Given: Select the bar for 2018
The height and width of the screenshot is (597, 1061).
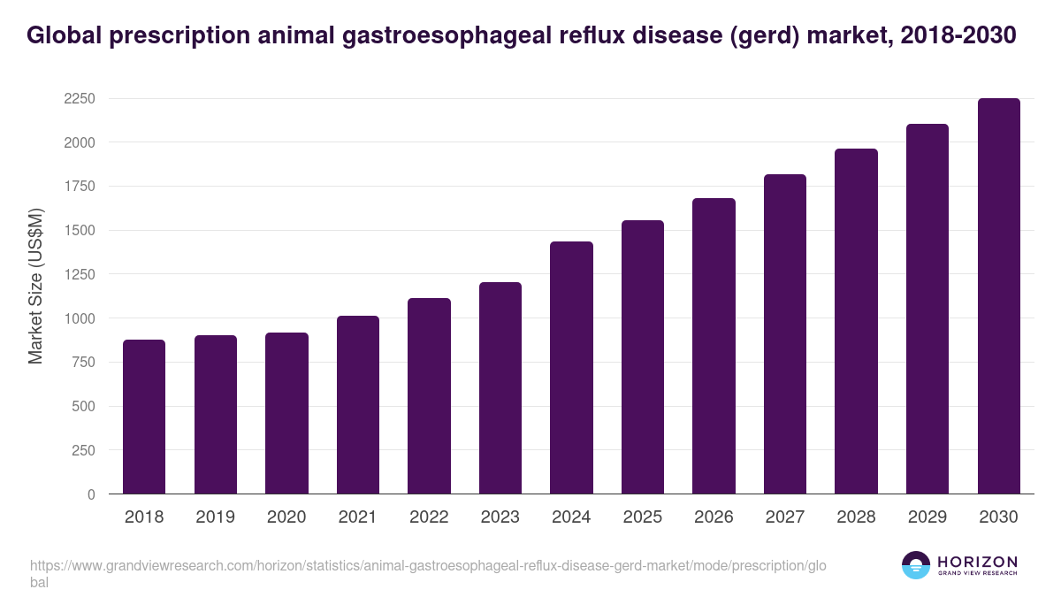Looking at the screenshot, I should (144, 417).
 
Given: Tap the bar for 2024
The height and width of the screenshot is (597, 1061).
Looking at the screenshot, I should (571, 368).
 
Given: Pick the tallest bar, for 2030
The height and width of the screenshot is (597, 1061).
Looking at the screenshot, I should (998, 296).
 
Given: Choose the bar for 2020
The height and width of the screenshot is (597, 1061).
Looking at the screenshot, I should (286, 413).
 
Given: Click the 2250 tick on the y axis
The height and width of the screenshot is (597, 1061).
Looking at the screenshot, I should (79, 98).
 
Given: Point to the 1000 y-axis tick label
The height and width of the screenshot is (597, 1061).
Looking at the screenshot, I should (79, 318).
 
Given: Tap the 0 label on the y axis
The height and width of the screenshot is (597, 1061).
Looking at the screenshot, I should (91, 494).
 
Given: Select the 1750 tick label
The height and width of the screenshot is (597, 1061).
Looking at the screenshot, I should (79, 187).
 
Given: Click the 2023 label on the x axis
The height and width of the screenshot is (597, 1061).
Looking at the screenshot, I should (500, 517).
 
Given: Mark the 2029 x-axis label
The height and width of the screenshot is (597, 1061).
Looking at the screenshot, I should (927, 517).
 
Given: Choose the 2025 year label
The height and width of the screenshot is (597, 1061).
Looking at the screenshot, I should (642, 517).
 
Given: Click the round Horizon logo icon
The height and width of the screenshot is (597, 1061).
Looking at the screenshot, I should (916, 565).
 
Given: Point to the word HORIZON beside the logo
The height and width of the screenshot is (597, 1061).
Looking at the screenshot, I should (977, 561).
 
